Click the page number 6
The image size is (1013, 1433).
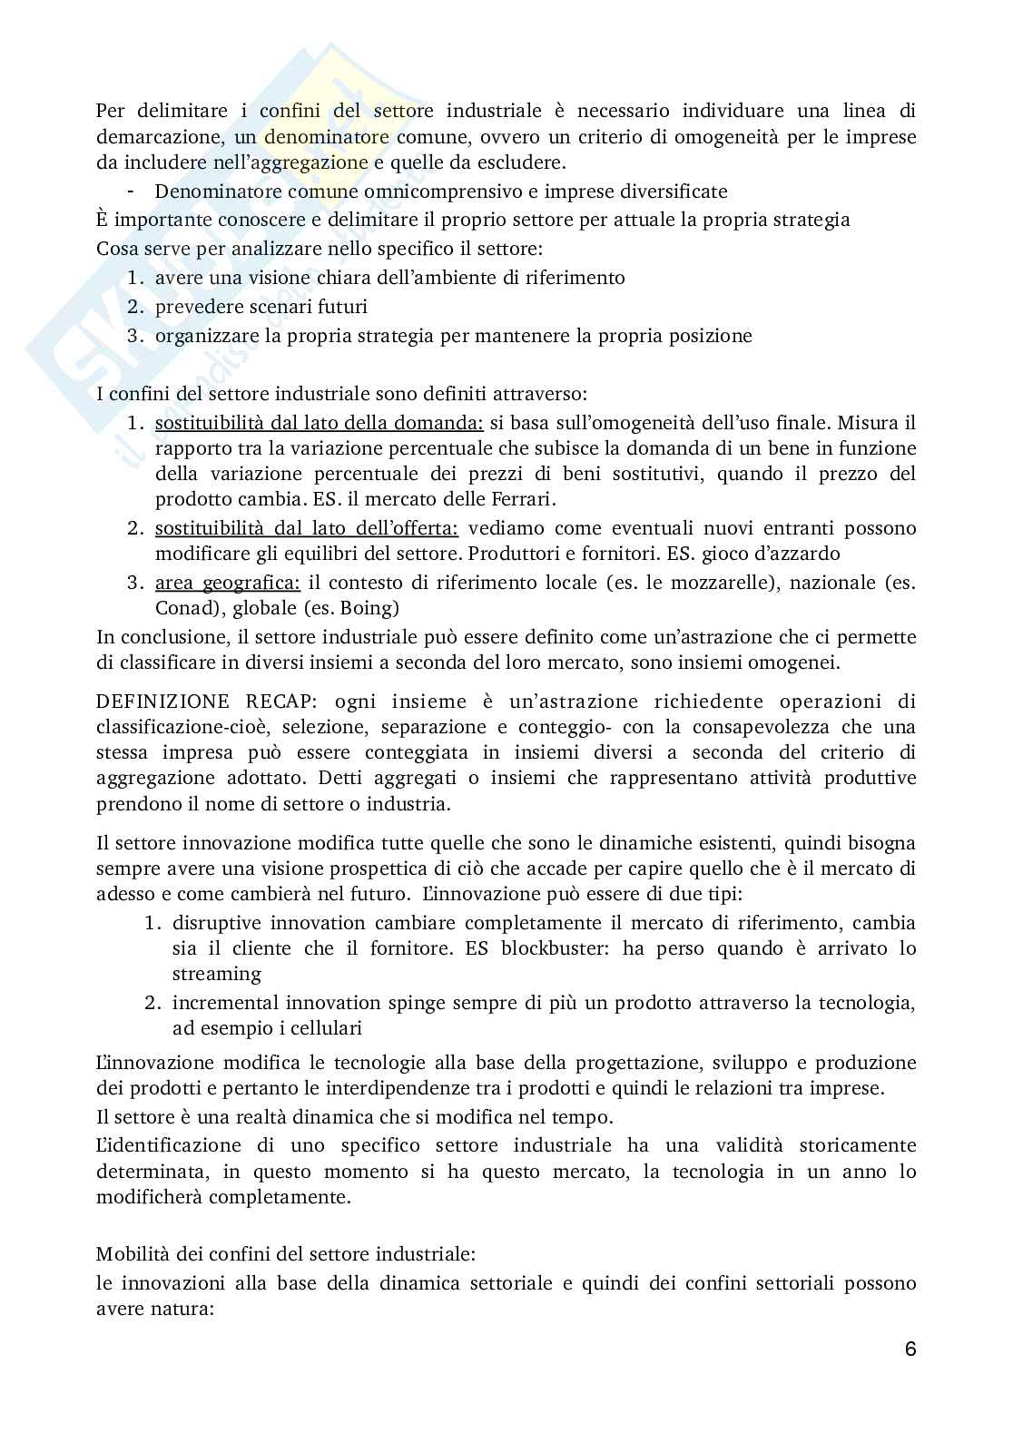pyautogui.click(x=910, y=1349)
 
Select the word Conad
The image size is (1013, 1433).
pyautogui.click(x=182, y=608)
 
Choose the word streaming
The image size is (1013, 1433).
pyautogui.click(x=216, y=974)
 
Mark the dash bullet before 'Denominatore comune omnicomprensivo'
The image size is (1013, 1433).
pyautogui.click(x=133, y=191)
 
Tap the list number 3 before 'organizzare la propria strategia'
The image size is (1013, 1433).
pyautogui.click(x=133, y=336)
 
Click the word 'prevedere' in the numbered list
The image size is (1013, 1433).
pyautogui.click(x=196, y=307)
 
